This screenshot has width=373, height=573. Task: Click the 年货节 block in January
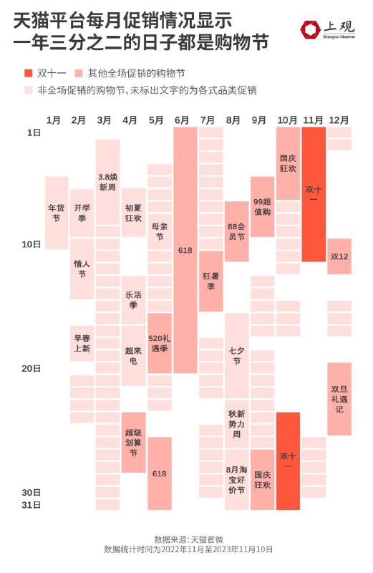pos(57,213)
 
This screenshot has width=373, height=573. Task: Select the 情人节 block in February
pos(82,269)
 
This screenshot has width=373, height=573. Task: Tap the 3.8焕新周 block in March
pos(107,183)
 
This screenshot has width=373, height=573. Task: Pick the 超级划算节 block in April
pos(133,443)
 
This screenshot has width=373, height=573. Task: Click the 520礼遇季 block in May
pos(160,343)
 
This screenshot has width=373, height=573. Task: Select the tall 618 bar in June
pos(185,250)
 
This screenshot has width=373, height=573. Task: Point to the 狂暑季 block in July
pos(210,281)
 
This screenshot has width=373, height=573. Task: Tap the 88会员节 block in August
pos(237,231)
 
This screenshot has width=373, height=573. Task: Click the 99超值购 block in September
pos(262,207)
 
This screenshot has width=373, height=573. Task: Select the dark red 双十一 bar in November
pos(314,194)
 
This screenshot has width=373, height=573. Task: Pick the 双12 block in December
pos(339,256)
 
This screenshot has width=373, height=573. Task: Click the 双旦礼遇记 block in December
pos(339,399)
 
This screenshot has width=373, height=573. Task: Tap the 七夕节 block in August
pos(237,356)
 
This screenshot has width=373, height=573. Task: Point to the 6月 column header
pos(182,120)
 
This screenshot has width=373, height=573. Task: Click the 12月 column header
pos(339,120)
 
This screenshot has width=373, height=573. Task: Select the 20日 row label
pos(31,368)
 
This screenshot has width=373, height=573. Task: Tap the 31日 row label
pos(31,505)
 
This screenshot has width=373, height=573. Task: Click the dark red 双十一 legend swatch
pos(29,73)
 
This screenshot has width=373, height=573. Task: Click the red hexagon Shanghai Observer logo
pos(311,29)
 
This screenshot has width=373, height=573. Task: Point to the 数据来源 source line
pos(188,539)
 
